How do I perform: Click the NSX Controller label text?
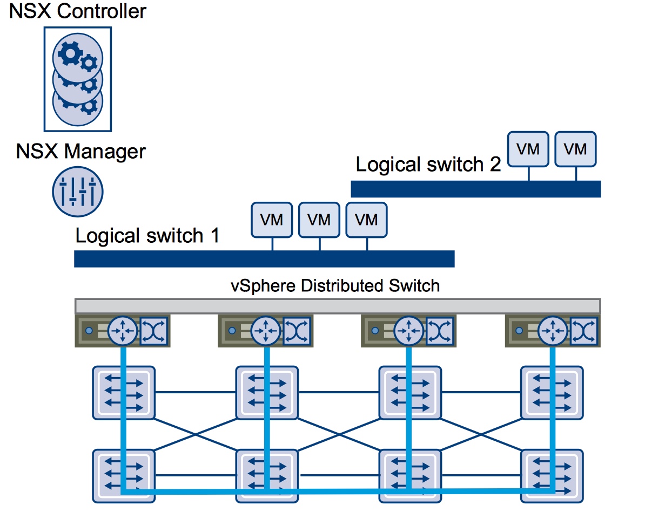(x=77, y=11)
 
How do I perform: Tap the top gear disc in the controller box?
(x=78, y=56)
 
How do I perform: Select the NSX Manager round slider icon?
(x=78, y=192)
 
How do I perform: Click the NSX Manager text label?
(x=81, y=152)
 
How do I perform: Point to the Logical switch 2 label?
(x=428, y=165)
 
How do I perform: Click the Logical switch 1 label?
(x=147, y=236)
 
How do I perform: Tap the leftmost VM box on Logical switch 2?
(x=528, y=149)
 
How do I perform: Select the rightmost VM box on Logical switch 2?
(x=575, y=149)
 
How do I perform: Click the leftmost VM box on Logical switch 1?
(x=272, y=220)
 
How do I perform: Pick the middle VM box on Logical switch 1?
(x=319, y=220)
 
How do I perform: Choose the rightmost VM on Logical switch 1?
(x=366, y=220)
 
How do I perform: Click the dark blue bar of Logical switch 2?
(x=475, y=189)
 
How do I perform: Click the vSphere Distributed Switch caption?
(x=335, y=285)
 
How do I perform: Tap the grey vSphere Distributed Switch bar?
(x=337, y=306)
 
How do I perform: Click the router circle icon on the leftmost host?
(x=123, y=330)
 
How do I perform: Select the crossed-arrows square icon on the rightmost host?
(x=583, y=330)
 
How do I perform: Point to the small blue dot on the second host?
(x=232, y=330)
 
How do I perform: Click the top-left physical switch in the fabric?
(x=124, y=393)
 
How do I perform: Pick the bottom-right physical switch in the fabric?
(x=552, y=476)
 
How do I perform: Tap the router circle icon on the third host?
(x=409, y=330)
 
